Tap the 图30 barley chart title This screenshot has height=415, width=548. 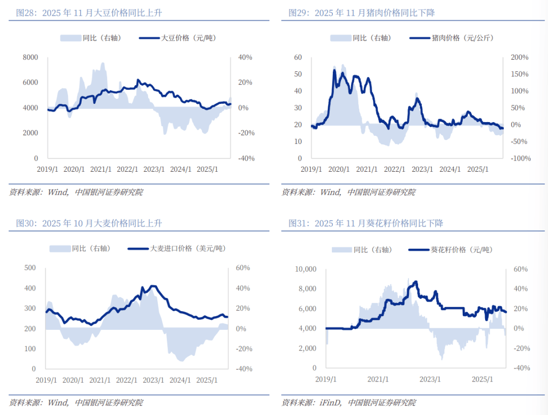[x=89, y=223]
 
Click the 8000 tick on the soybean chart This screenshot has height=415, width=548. [x=30, y=57]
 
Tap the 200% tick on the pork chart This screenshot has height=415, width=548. [x=519, y=57]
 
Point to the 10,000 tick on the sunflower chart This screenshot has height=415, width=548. [x=305, y=269]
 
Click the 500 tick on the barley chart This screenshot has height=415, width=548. [x=30, y=268]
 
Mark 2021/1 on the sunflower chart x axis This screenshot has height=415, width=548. [x=378, y=379]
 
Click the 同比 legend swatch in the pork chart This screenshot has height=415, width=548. [x=340, y=38]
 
